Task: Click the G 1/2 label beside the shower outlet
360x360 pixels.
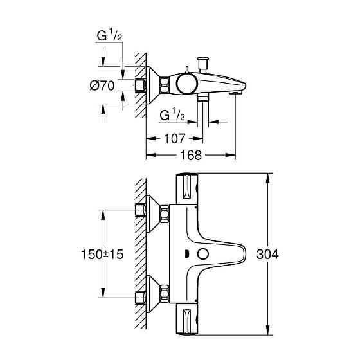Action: (x=172, y=116)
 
